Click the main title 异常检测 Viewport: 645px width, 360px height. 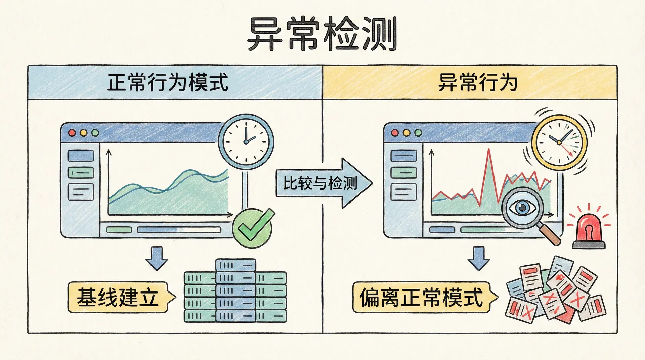point(322,34)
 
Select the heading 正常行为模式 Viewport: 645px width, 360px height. point(168,83)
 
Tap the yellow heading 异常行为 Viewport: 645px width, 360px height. point(477,83)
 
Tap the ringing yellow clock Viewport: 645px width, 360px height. point(559,142)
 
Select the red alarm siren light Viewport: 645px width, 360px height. point(589,232)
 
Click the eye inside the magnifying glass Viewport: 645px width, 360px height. point(522,207)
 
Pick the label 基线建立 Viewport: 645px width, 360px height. point(118,297)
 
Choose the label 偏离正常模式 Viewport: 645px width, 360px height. point(421,297)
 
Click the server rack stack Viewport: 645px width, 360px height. point(235,291)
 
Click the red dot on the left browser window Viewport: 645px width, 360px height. point(72,133)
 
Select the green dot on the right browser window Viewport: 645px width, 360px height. point(418,133)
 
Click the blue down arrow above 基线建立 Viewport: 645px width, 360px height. point(157,258)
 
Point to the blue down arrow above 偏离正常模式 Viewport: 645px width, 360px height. point(479,258)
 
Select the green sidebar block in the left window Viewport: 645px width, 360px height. point(81,173)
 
